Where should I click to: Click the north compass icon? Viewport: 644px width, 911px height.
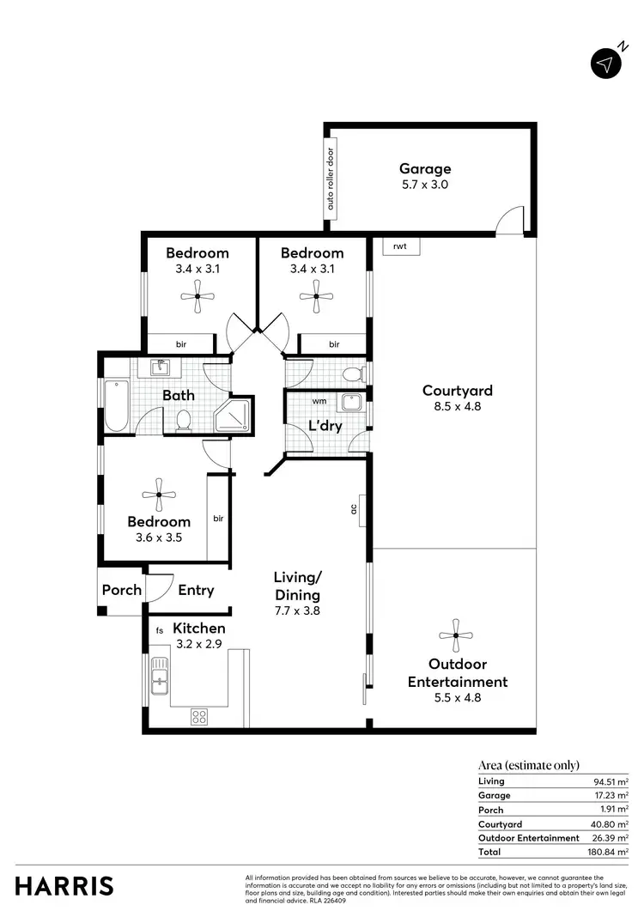(x=606, y=64)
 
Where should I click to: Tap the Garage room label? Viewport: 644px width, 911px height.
(x=424, y=169)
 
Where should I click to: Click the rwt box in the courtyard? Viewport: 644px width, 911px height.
(x=399, y=246)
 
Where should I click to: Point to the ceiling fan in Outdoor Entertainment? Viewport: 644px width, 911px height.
(x=455, y=636)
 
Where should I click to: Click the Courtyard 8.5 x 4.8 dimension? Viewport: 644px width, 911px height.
(x=457, y=407)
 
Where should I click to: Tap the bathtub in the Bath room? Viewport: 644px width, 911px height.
(x=115, y=406)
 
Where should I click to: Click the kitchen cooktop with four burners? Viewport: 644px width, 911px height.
(x=199, y=715)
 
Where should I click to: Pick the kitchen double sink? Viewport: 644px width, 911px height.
(x=158, y=676)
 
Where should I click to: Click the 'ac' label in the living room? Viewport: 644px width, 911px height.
(x=354, y=509)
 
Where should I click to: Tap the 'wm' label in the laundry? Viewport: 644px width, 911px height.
(x=319, y=401)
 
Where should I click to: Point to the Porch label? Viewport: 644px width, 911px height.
(x=122, y=590)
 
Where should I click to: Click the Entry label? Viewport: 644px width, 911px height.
(x=196, y=590)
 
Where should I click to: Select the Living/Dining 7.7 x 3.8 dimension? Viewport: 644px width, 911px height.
(x=296, y=611)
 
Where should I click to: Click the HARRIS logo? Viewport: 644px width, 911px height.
(x=64, y=885)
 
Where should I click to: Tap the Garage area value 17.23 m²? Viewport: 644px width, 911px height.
(x=611, y=795)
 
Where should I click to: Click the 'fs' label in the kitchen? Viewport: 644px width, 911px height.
(x=160, y=630)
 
